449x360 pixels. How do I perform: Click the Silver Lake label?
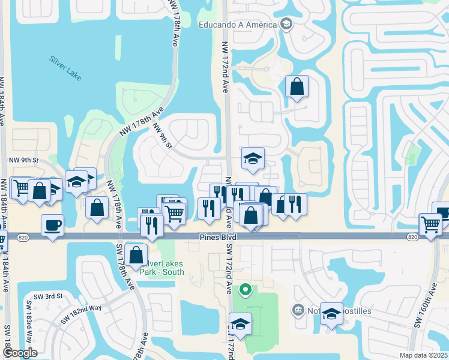[x=65, y=68]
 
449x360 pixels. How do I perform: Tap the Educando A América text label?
[x=238, y=25]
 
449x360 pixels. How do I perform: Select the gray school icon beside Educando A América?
[x=286, y=25]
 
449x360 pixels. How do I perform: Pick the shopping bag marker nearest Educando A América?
[x=297, y=87]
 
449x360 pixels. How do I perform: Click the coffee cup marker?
[x=52, y=226]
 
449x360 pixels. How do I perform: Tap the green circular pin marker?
[x=245, y=291]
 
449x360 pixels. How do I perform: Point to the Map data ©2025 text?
[x=423, y=355]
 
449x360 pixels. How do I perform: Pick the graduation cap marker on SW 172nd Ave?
[x=240, y=324]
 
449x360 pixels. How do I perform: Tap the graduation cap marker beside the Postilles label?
[x=331, y=314]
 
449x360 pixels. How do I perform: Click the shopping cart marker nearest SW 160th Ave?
[x=430, y=224]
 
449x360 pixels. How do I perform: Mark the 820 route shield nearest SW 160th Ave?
[x=412, y=238]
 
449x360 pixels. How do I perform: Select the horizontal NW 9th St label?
[x=24, y=161]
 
